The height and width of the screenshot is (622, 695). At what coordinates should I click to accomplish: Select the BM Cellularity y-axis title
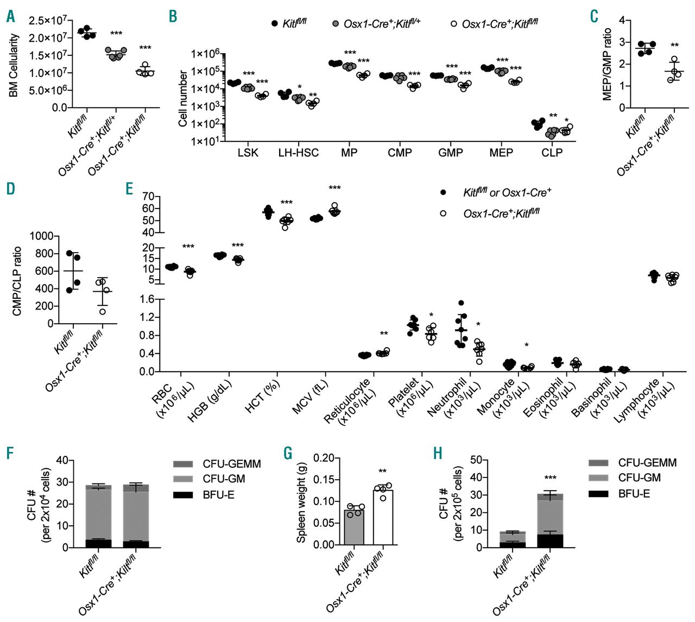pos(14,66)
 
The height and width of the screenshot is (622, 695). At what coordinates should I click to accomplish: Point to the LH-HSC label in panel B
pos(298,153)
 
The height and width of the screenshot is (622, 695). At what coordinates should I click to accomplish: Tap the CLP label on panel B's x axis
pos(552,153)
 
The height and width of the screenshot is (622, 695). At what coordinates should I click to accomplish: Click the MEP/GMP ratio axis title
pos(608,64)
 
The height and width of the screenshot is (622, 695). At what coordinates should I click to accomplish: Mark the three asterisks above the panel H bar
pos(550,478)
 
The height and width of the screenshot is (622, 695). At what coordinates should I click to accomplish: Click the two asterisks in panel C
pos(674,46)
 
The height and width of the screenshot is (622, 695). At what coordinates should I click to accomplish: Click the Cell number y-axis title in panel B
pos(183,98)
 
